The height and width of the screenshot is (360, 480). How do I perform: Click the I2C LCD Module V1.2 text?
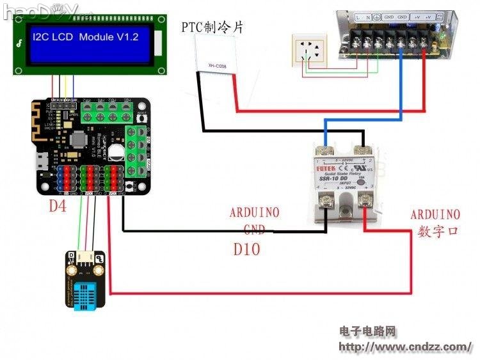coord(85,38)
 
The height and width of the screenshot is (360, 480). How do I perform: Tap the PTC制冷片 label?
coord(212,27)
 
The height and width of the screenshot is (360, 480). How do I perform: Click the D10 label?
coord(246,249)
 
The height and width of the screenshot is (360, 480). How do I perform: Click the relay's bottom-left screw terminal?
coord(326,203)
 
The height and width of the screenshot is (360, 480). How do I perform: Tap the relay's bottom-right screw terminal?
coord(367,203)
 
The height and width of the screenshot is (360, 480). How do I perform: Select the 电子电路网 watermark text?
coord(368,331)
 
